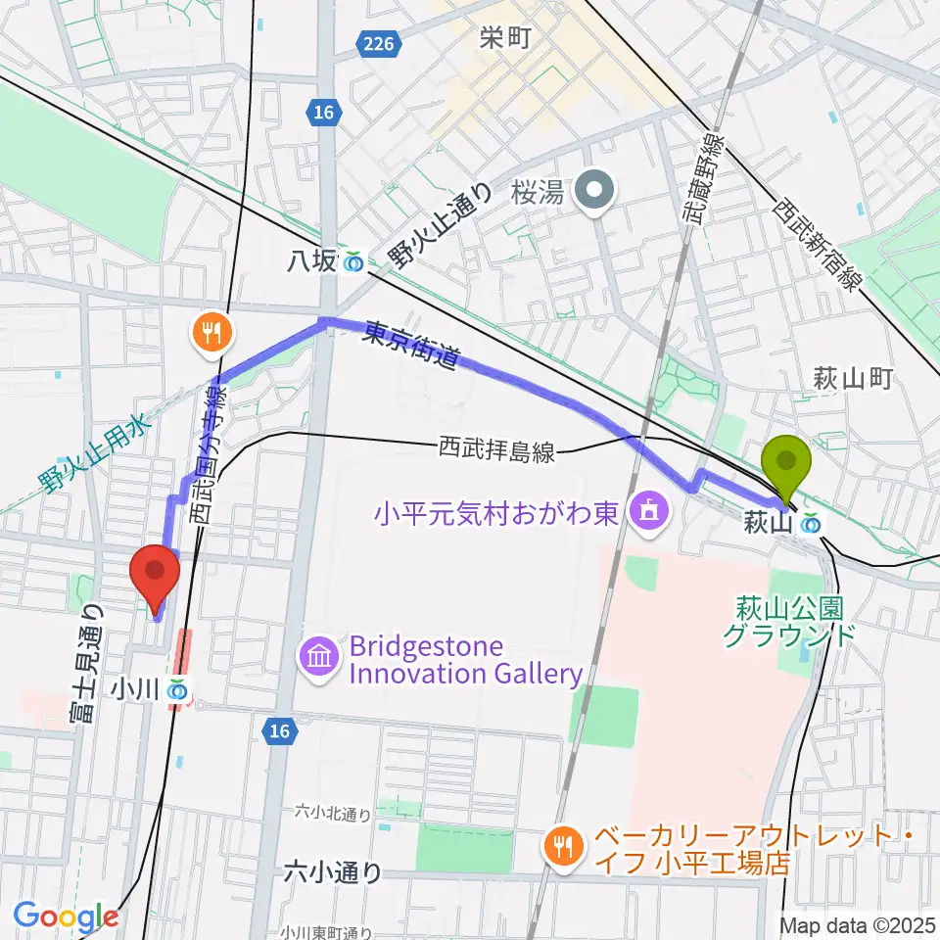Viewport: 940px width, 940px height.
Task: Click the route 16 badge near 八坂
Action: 324,114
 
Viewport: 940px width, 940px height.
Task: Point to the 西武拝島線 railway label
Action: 496,451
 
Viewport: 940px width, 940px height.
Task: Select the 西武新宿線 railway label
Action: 818,244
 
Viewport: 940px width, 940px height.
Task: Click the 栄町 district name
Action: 506,39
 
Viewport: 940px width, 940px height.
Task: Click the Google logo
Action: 66,916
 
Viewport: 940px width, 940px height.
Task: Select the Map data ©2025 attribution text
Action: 857,924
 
